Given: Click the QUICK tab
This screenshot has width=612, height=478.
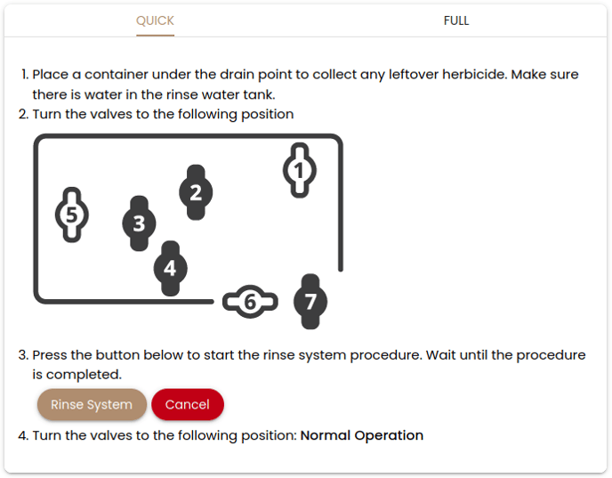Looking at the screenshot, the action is coord(155,20).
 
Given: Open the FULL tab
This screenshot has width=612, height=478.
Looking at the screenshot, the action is coord(456,20).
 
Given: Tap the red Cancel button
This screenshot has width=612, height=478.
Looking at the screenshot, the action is coord(188,404).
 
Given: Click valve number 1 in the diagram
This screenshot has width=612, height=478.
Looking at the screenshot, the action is coord(300,170).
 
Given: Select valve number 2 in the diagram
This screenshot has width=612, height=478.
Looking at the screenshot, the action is coord(196,192).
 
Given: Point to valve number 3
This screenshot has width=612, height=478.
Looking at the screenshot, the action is coord(139,223).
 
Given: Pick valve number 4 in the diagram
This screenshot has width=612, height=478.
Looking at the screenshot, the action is coord(170,268).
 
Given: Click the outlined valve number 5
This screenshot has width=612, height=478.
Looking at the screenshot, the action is coord(72,215).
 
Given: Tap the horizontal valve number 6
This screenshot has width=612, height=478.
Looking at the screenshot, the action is coord(250,302).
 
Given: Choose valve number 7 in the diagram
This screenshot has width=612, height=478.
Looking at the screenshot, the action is coord(310,302).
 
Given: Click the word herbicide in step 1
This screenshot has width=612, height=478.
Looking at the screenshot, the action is coord(474,74).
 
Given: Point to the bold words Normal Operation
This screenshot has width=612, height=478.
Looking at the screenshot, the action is coord(362,435).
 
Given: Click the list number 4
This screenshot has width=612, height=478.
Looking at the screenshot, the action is coord(23,435).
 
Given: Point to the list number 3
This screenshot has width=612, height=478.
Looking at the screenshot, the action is coord(23,355).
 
